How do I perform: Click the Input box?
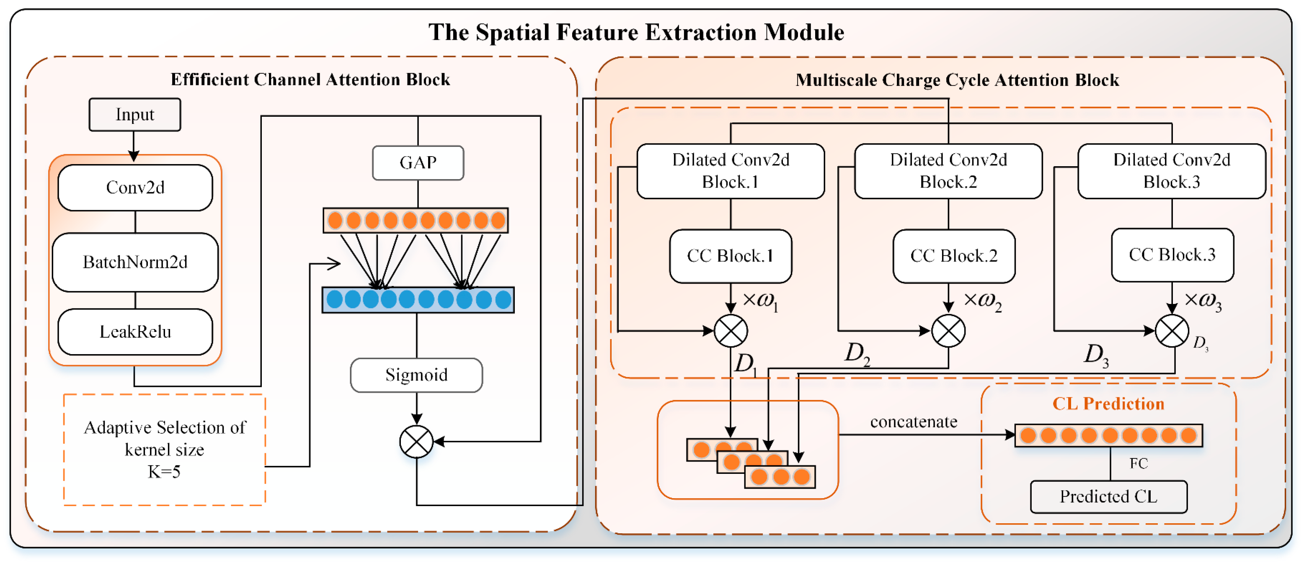click(134, 115)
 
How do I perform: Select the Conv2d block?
click(135, 188)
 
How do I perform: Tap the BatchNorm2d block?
click(135, 262)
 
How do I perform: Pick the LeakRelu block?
click(135, 332)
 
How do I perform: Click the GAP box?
click(418, 163)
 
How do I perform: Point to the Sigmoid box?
click(416, 375)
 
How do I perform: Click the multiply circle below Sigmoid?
click(416, 442)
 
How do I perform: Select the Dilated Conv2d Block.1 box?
click(731, 171)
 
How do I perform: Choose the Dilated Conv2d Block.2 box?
click(948, 171)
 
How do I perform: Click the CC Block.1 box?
click(731, 256)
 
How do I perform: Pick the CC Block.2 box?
click(954, 256)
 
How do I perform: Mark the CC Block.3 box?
click(1172, 255)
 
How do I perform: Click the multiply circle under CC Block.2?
click(948, 331)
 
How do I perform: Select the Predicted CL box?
click(1109, 496)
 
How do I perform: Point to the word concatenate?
click(914, 422)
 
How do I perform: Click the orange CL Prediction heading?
click(1108, 404)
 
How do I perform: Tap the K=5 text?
click(164, 472)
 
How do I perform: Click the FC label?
click(1139, 463)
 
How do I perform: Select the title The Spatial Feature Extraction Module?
click(636, 32)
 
